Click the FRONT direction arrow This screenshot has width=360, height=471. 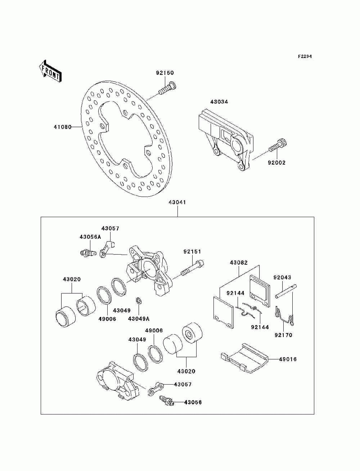pos(50,71)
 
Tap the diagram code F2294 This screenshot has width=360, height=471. pos(305,57)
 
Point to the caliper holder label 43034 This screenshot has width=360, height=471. pos(219,102)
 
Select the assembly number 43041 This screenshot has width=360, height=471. pos(177,202)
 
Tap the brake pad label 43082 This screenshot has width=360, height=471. pos(239,263)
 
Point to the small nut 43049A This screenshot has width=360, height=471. pos(138,300)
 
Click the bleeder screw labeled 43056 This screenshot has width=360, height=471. pos(166,400)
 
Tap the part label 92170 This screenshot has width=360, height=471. pos(283,335)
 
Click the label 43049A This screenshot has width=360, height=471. pos(139,319)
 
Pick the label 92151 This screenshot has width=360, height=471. pos(192,252)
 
